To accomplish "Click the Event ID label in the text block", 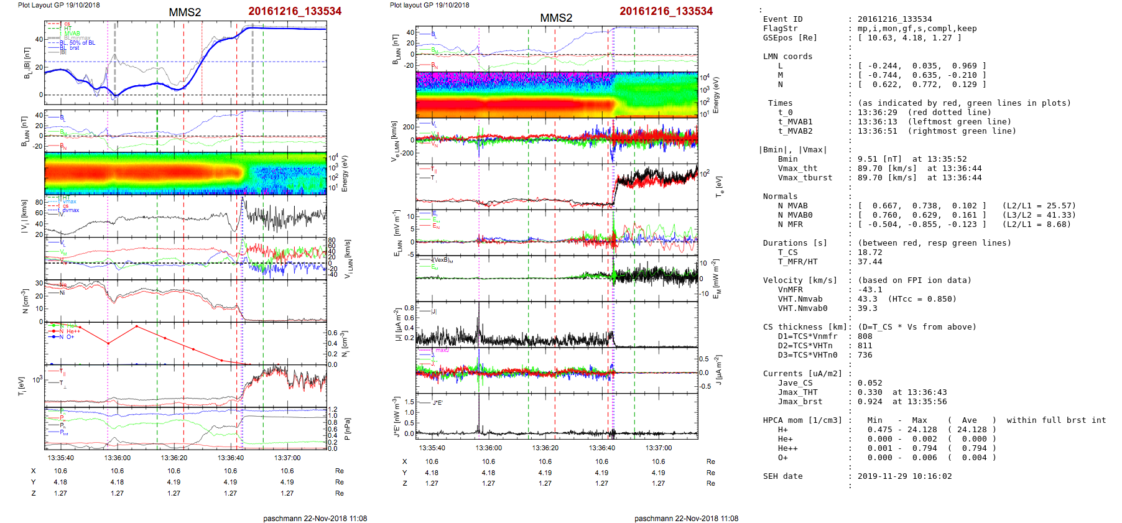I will click(782, 19).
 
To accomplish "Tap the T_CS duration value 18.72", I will click(869, 252).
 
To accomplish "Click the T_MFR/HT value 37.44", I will click(869, 262).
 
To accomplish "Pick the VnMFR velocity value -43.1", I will click(869, 290).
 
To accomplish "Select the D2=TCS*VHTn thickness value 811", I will click(865, 346).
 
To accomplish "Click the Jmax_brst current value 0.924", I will click(869, 402).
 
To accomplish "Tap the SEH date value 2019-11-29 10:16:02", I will click(904, 476).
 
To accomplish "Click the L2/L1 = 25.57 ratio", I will click(1039, 206).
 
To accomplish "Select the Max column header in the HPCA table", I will click(919, 420).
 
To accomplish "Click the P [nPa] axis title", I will click(346, 429).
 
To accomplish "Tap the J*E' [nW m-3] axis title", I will click(396, 417).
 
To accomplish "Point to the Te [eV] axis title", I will click(720, 185).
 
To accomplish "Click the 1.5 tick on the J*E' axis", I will click(409, 402).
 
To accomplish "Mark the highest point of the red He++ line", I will click(137, 326).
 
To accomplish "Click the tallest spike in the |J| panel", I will click(479, 305).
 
